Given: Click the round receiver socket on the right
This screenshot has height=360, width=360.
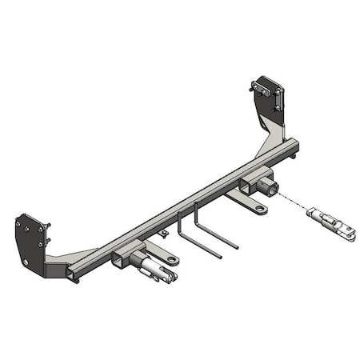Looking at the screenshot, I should pos(271,189).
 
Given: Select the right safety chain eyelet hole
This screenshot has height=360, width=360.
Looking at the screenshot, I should pos(261,210).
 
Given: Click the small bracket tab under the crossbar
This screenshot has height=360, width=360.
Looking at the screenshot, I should pos(163,234).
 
